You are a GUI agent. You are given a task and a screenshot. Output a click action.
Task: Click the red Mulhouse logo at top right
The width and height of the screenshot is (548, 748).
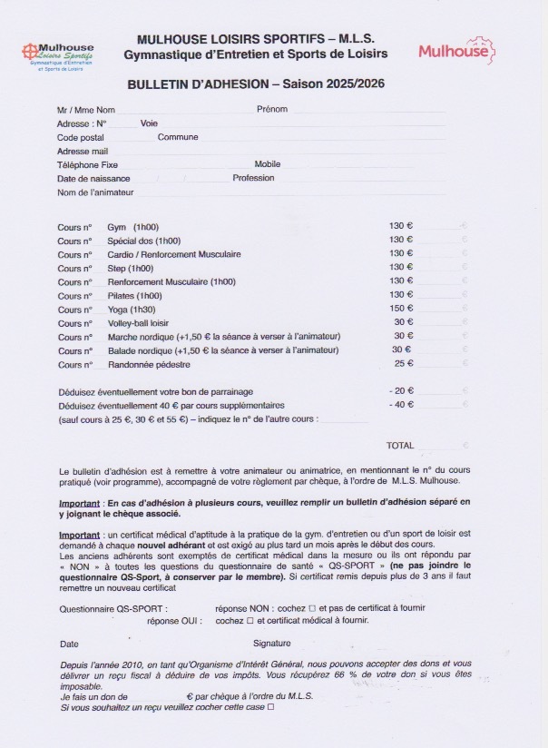(456, 50)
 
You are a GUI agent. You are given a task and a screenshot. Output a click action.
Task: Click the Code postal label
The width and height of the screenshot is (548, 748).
(81, 137)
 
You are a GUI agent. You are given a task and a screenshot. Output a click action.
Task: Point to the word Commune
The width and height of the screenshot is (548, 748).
(178, 137)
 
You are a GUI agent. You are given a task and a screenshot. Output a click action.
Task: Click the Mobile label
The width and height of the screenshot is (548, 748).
(267, 165)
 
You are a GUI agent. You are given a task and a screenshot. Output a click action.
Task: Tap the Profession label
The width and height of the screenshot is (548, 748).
(253, 179)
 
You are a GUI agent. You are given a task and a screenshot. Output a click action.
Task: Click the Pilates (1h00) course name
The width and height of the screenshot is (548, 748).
(134, 296)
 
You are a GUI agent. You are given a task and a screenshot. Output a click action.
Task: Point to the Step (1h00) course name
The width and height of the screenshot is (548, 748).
(131, 269)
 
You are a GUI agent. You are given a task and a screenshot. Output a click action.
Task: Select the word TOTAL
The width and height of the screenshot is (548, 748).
(399, 446)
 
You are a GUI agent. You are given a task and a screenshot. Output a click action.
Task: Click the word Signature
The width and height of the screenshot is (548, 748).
(272, 644)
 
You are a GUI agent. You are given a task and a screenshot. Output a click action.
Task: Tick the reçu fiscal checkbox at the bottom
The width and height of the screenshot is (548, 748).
(270, 706)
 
